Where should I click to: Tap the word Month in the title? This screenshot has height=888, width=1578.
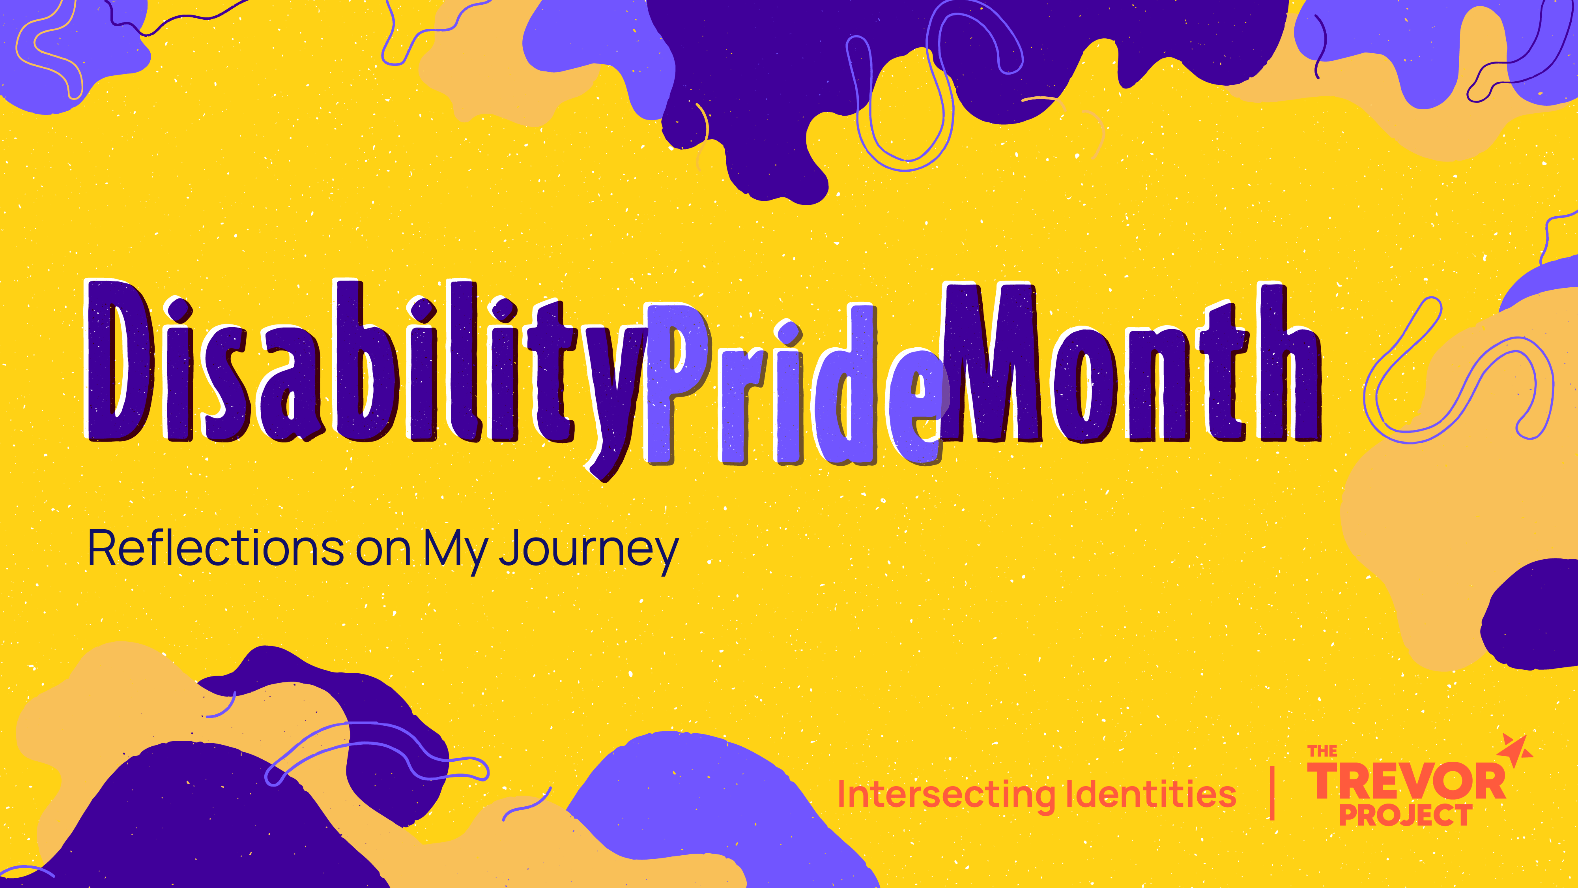point(1130,362)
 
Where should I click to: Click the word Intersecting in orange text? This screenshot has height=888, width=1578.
point(946,795)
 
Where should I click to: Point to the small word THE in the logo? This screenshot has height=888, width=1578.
point(1322,751)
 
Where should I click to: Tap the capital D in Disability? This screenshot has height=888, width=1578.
point(120,360)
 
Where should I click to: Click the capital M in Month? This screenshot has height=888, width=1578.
point(990,362)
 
